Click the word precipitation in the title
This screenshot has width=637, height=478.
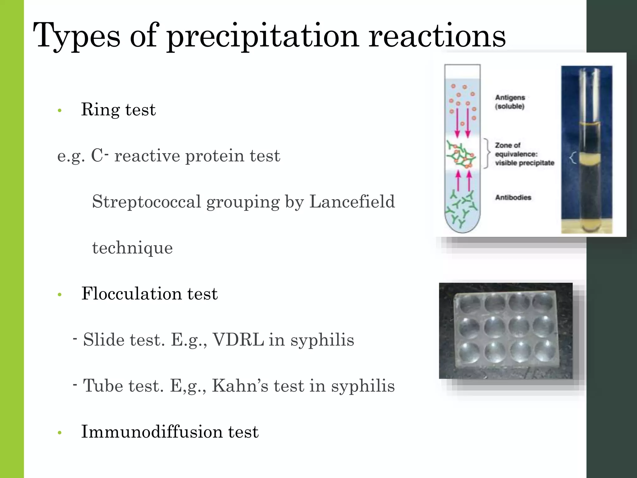[x=263, y=36]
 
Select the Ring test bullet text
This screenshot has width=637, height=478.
[x=118, y=110]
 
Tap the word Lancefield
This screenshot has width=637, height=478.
[x=352, y=202]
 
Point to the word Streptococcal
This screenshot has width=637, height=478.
[x=146, y=202]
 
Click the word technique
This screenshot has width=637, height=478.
[x=133, y=248]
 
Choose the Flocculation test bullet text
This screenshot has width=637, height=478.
[x=149, y=293]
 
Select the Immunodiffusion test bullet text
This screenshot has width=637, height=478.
[x=170, y=432]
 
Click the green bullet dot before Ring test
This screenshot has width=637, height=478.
[x=60, y=110]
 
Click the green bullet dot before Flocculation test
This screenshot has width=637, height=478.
[x=60, y=294]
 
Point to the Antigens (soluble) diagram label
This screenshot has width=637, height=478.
[x=510, y=102]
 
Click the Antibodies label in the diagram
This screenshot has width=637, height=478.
[x=513, y=197]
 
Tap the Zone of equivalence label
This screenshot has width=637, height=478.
[x=524, y=154]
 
